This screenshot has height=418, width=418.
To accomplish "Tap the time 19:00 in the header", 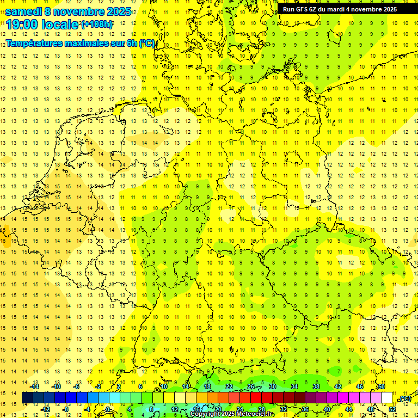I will (x=23, y=24).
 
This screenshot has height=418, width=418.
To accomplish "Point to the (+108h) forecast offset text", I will (x=97, y=24).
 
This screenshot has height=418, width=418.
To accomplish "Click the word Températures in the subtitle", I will (x=36, y=43).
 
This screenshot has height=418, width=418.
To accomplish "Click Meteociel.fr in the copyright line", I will (x=256, y=414).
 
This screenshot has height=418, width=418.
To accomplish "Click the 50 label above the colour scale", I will (x=382, y=386).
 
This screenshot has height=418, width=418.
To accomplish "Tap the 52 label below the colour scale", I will (x=392, y=409).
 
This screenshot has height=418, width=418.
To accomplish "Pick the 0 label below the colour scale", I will (x=108, y=409).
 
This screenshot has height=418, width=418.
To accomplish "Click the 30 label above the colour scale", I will (x=272, y=386).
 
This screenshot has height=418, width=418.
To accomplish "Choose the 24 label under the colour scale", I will (x=240, y=409).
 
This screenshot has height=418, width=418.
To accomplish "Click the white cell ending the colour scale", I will (x=387, y=398).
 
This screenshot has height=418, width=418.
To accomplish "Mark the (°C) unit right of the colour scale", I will (x=404, y=398).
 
